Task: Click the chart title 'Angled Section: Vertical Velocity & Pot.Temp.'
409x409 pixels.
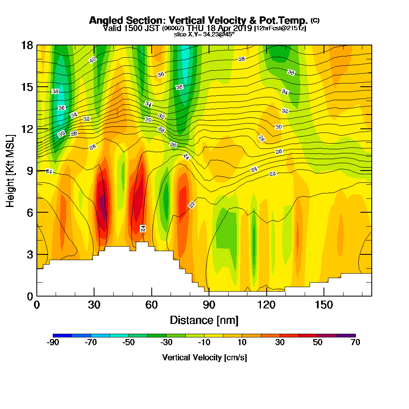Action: click(x=198, y=20)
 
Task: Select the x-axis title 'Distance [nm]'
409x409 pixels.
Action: click(x=204, y=320)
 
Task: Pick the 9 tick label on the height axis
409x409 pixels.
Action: click(x=29, y=171)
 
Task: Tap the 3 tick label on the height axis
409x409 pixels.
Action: click(x=29, y=254)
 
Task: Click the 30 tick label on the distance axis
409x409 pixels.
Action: click(x=94, y=305)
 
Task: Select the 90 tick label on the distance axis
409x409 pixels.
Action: click(x=209, y=305)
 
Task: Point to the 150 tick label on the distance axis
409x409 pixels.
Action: click(x=324, y=305)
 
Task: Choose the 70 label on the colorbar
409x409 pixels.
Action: click(x=355, y=343)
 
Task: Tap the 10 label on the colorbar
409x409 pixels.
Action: click(x=242, y=343)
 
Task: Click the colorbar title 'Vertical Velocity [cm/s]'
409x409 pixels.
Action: click(x=204, y=357)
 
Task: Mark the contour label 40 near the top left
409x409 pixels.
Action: click(x=92, y=60)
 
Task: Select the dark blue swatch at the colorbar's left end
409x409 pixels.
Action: click(x=62, y=335)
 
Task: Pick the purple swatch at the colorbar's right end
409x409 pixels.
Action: click(x=346, y=335)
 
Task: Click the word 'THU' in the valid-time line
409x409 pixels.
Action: click(x=194, y=28)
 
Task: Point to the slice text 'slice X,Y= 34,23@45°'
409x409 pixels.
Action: click(x=204, y=34)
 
